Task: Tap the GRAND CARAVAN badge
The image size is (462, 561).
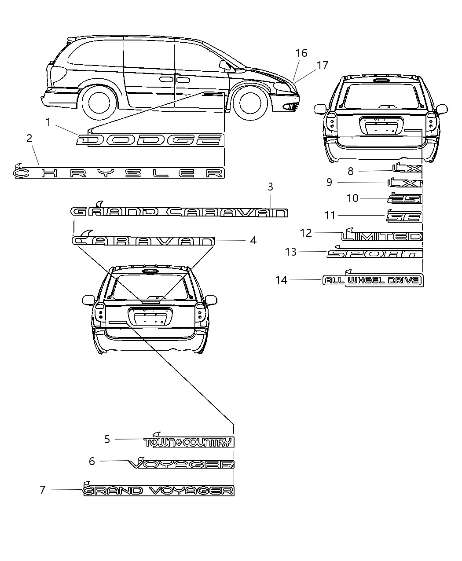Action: coord(180,213)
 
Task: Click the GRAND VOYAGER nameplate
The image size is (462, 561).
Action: coord(158,490)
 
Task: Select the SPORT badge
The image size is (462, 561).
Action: coord(375,253)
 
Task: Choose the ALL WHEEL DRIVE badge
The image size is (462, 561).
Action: coord(373,280)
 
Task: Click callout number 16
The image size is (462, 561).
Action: coord(301,53)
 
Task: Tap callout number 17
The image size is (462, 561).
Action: coord(323,66)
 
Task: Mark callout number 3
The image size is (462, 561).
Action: coord(271,187)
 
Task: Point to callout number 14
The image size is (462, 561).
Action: coord(281,280)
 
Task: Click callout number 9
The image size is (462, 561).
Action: coord(329,182)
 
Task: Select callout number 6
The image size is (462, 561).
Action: coord(92,461)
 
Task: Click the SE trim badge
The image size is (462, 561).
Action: coord(404,216)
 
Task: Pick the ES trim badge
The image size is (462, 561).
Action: coord(405,199)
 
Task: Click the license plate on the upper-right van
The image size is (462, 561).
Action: coord(381,127)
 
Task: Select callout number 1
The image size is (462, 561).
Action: coord(49,122)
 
